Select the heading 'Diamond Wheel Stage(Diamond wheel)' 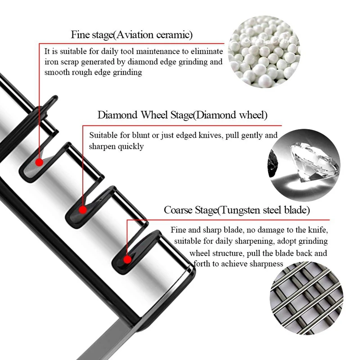pos(182,115)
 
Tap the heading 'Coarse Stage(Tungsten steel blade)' pos(237,210)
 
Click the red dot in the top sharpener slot pos(40,161)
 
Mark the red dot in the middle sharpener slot pos(82,209)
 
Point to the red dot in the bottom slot pos(127,259)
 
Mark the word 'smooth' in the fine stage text pos(56,72)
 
